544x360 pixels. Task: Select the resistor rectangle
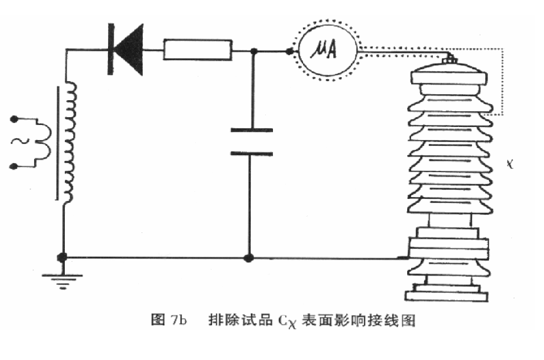tap(198, 50)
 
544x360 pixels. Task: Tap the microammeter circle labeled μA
tap(326, 50)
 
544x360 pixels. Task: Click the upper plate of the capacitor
tap(251, 131)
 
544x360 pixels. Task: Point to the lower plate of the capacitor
tap(251, 153)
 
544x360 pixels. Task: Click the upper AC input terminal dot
tap(14, 119)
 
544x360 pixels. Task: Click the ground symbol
tap(63, 280)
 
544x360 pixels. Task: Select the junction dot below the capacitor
tap(248, 258)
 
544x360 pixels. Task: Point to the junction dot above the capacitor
tap(251, 50)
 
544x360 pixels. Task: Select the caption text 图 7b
tap(169, 321)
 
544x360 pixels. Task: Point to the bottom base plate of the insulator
tap(449, 295)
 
